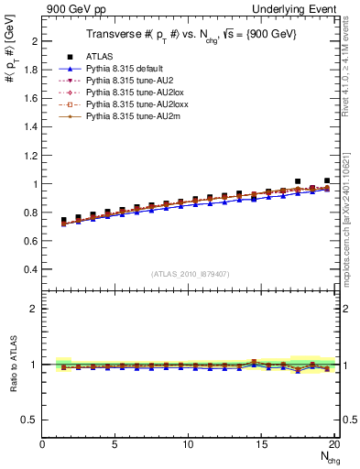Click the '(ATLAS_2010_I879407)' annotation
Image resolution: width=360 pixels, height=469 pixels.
190,273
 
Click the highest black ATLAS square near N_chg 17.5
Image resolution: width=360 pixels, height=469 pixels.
298,181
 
